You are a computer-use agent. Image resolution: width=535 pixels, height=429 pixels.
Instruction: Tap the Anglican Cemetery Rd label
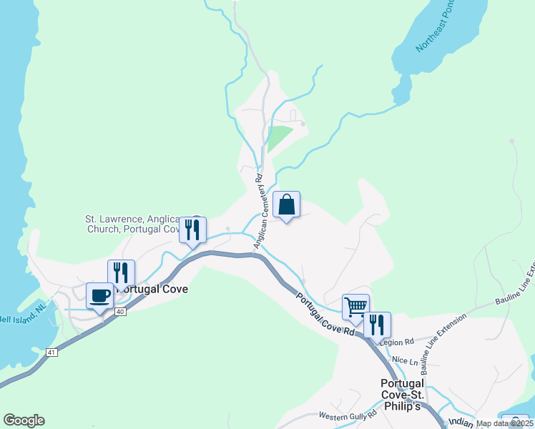coord(257,212)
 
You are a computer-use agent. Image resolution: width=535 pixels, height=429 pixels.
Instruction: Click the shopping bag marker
coord(286,205)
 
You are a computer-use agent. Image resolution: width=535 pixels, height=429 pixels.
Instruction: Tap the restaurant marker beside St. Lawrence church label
coord(192,230)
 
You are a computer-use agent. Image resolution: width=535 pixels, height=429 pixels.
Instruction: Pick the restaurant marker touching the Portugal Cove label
coord(121,273)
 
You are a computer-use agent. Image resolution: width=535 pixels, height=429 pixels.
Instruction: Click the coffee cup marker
coord(100,295)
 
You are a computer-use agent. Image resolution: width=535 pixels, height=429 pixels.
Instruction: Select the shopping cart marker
coord(355,307)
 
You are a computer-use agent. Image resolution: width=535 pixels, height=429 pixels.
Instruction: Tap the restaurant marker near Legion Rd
coord(377,325)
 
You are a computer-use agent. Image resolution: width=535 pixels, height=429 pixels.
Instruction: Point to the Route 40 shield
coord(120,311)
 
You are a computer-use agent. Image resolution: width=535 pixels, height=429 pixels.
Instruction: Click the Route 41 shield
coord(51,352)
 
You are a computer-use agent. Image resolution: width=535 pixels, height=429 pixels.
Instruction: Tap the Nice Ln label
coord(403,362)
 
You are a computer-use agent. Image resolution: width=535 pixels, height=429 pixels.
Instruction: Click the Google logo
coord(24,420)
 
